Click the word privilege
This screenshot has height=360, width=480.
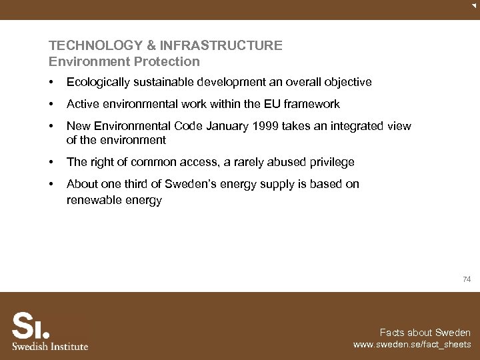[x=329, y=162]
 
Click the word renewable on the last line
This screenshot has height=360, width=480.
[x=94, y=200]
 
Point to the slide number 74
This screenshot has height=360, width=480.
[x=467, y=280]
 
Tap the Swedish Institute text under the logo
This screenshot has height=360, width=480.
[x=50, y=346]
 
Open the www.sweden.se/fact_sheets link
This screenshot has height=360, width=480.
[x=412, y=345]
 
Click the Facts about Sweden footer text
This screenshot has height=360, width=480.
[x=425, y=333]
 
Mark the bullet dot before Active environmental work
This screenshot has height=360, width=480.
[x=51, y=105]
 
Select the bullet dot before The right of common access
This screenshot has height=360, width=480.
[x=51, y=163]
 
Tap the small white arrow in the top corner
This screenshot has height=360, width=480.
[x=473, y=5]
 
